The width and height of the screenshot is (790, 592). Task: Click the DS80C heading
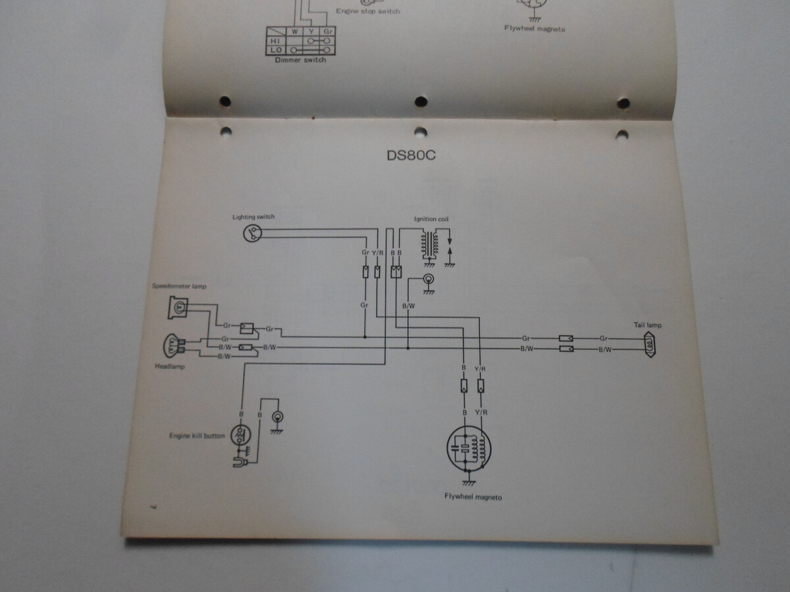tap(412, 157)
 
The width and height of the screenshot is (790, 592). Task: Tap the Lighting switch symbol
tap(253, 233)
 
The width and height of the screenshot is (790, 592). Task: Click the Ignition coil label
tap(432, 219)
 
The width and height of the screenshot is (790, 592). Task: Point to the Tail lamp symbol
tap(650, 344)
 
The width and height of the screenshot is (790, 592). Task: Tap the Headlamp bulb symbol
tap(172, 347)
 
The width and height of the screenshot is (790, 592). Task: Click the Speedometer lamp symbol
tap(179, 306)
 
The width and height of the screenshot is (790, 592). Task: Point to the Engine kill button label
tap(197, 435)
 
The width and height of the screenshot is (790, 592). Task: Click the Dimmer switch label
tap(300, 60)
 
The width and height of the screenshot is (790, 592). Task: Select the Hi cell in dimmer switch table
tap(276, 39)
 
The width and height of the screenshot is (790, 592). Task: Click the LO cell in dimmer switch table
tap(276, 49)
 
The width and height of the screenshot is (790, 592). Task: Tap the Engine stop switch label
tap(368, 11)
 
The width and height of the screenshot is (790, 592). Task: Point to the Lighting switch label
tap(253, 216)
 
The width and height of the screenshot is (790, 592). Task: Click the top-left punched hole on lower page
tap(225, 132)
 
